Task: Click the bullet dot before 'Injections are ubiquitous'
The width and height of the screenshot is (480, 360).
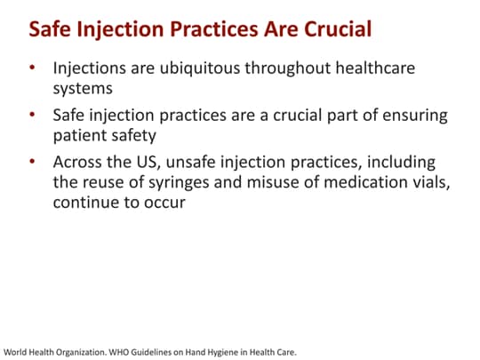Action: pos(33,68)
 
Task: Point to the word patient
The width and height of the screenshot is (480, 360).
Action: pos(83,136)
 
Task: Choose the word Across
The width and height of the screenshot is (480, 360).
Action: pos(80,164)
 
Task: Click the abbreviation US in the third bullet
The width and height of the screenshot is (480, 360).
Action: pos(154,164)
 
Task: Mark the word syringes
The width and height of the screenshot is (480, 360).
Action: pos(205,183)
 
